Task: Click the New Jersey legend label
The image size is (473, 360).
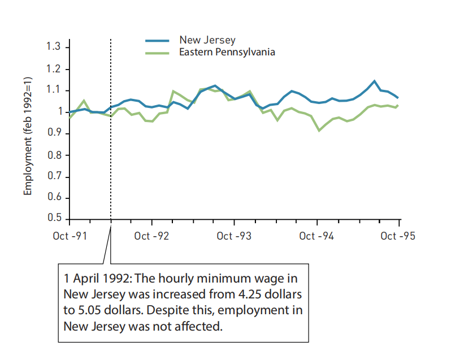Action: (207, 40)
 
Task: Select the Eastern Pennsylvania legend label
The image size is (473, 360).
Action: (227, 52)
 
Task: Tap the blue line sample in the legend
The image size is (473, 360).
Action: (157, 40)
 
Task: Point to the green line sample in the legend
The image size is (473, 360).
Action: (157, 53)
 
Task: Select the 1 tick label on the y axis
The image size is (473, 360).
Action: (58, 112)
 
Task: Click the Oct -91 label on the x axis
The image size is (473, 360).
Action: (70, 236)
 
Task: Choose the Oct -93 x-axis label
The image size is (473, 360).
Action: (234, 236)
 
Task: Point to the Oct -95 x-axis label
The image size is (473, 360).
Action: (398, 236)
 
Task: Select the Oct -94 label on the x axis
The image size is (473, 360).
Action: (316, 236)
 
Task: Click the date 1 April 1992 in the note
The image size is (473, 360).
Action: (93, 279)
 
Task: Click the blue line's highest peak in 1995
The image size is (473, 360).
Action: (374, 81)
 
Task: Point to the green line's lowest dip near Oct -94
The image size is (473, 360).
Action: (319, 131)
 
